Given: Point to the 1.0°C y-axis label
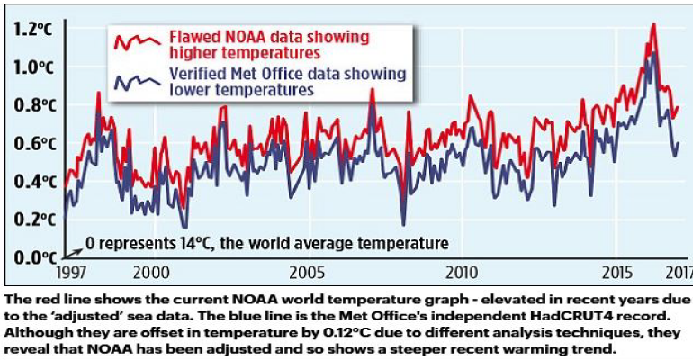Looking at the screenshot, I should click(33, 67).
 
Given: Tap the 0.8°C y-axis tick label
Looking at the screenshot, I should click(33, 105).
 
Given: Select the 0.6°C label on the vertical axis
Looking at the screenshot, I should click(33, 144).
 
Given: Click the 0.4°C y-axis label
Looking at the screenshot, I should click(33, 182).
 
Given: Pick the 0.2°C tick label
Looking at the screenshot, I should click(33, 220).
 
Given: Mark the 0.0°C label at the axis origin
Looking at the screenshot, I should click(33, 258).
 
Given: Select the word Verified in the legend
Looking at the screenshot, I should click(200, 73).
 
